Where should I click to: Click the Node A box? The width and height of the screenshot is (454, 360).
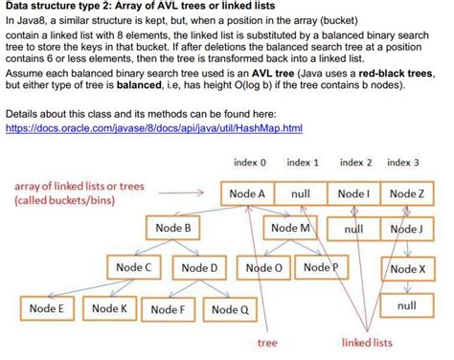pyautogui.click(x=247, y=193)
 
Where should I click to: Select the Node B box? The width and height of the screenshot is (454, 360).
pyautogui.click(x=173, y=229)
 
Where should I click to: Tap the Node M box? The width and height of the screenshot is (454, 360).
pyautogui.click(x=290, y=229)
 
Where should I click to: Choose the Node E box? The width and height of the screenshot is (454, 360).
pyautogui.click(x=46, y=309)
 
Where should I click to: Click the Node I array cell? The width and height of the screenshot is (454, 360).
pyautogui.click(x=353, y=193)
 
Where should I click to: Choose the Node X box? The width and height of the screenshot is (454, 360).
pyautogui.click(x=406, y=269)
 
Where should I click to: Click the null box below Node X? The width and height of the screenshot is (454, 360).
pyautogui.click(x=406, y=305)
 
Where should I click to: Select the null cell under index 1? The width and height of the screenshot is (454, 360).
pyautogui.click(x=300, y=193)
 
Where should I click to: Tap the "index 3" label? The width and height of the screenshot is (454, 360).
pyautogui.click(x=403, y=163)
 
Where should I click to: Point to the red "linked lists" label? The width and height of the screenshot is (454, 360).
pyautogui.click(x=366, y=342)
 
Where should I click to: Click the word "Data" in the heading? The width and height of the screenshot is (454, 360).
pyautogui.click(x=22, y=7)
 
